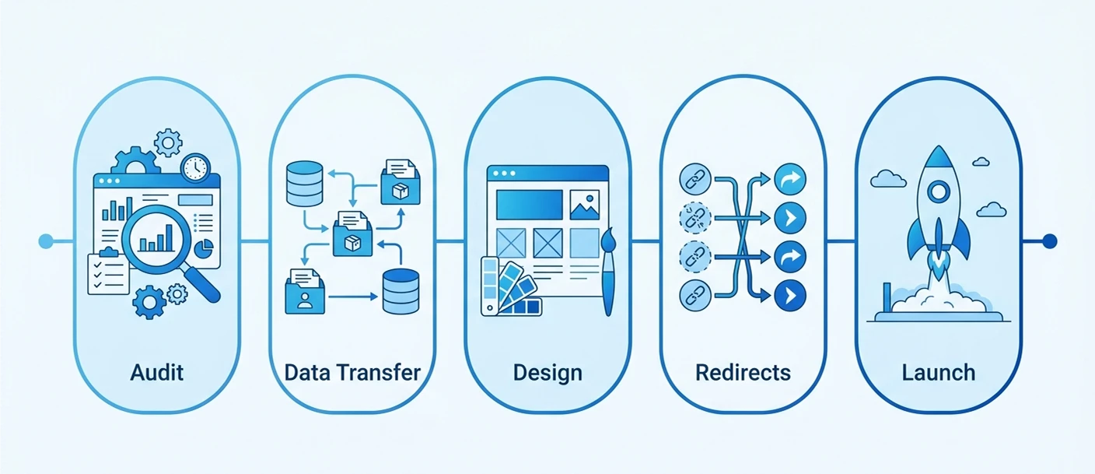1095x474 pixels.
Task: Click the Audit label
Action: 157,372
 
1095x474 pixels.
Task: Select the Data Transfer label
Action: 352,372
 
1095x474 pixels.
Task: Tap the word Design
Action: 547,372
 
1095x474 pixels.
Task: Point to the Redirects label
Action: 743,372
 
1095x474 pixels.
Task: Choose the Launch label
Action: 938,372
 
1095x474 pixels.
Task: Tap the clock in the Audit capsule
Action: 194,167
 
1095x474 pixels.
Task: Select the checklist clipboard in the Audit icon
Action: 108,273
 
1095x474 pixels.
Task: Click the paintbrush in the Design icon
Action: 608,269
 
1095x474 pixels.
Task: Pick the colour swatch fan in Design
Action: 509,288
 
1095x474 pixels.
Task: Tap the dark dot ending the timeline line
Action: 1049,241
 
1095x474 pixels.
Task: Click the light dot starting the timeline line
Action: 45,241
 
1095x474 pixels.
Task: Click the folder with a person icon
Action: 305,292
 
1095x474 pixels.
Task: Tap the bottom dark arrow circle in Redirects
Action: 790,295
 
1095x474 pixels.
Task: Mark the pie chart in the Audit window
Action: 203,248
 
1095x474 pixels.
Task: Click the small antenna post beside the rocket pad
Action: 887,299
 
